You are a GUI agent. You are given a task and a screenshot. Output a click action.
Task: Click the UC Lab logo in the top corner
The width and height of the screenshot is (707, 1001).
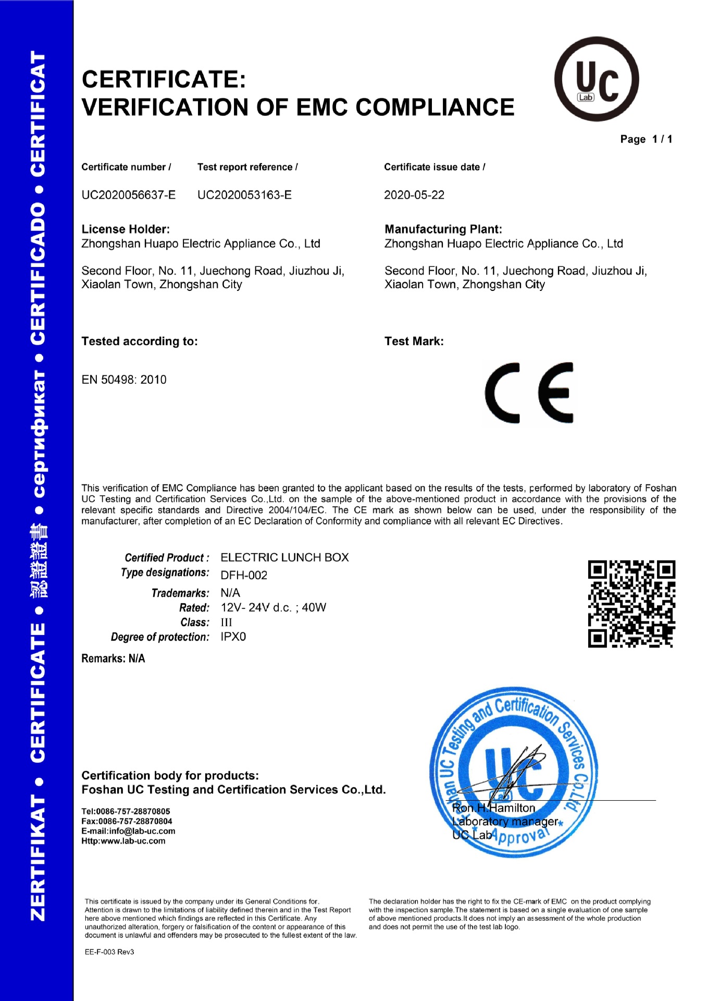click(596, 79)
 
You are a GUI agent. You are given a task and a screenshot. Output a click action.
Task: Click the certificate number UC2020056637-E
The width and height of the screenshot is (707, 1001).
click(128, 195)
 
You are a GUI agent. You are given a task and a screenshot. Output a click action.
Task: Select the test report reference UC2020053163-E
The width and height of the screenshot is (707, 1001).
click(244, 195)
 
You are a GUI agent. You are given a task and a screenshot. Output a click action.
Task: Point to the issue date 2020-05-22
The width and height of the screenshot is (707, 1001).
click(414, 195)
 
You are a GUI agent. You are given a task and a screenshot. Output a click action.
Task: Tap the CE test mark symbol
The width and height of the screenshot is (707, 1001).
click(529, 393)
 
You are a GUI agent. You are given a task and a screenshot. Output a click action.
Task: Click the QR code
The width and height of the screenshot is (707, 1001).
click(631, 604)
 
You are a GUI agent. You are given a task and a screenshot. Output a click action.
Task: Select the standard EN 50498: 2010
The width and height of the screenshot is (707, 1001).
click(124, 380)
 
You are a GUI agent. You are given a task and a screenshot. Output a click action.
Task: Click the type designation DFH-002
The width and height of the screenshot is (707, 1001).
click(244, 575)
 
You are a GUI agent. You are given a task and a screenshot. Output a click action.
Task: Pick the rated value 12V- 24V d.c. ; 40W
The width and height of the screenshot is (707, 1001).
click(273, 607)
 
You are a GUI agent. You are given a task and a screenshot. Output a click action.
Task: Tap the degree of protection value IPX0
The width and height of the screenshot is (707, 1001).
click(233, 637)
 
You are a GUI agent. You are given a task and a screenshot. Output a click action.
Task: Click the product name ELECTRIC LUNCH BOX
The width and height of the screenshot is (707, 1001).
click(284, 557)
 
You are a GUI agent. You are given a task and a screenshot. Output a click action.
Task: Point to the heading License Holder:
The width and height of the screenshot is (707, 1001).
click(126, 229)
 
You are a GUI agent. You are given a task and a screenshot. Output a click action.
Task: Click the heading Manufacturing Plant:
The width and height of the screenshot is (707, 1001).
click(443, 229)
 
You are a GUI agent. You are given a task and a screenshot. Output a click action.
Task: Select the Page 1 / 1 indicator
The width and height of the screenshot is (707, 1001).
click(646, 139)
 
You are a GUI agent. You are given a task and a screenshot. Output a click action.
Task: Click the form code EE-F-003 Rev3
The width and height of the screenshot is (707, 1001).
click(109, 952)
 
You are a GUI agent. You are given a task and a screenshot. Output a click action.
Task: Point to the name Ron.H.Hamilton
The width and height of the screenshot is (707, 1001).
click(493, 808)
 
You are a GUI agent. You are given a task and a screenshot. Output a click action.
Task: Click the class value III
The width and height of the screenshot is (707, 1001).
click(227, 622)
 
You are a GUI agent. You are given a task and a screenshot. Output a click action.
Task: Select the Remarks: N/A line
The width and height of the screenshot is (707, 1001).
click(113, 658)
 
